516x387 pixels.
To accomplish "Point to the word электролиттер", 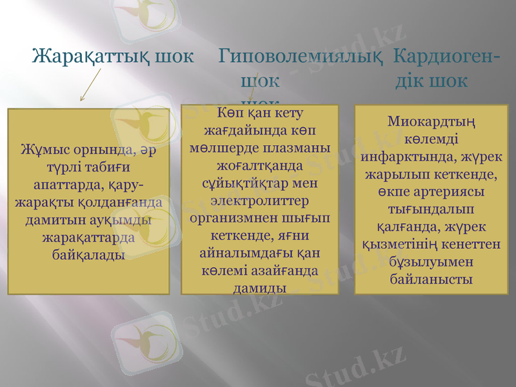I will pos(260,199).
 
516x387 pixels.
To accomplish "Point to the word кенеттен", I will pos(475,244).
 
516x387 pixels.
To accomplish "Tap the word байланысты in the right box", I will pos(430,279).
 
